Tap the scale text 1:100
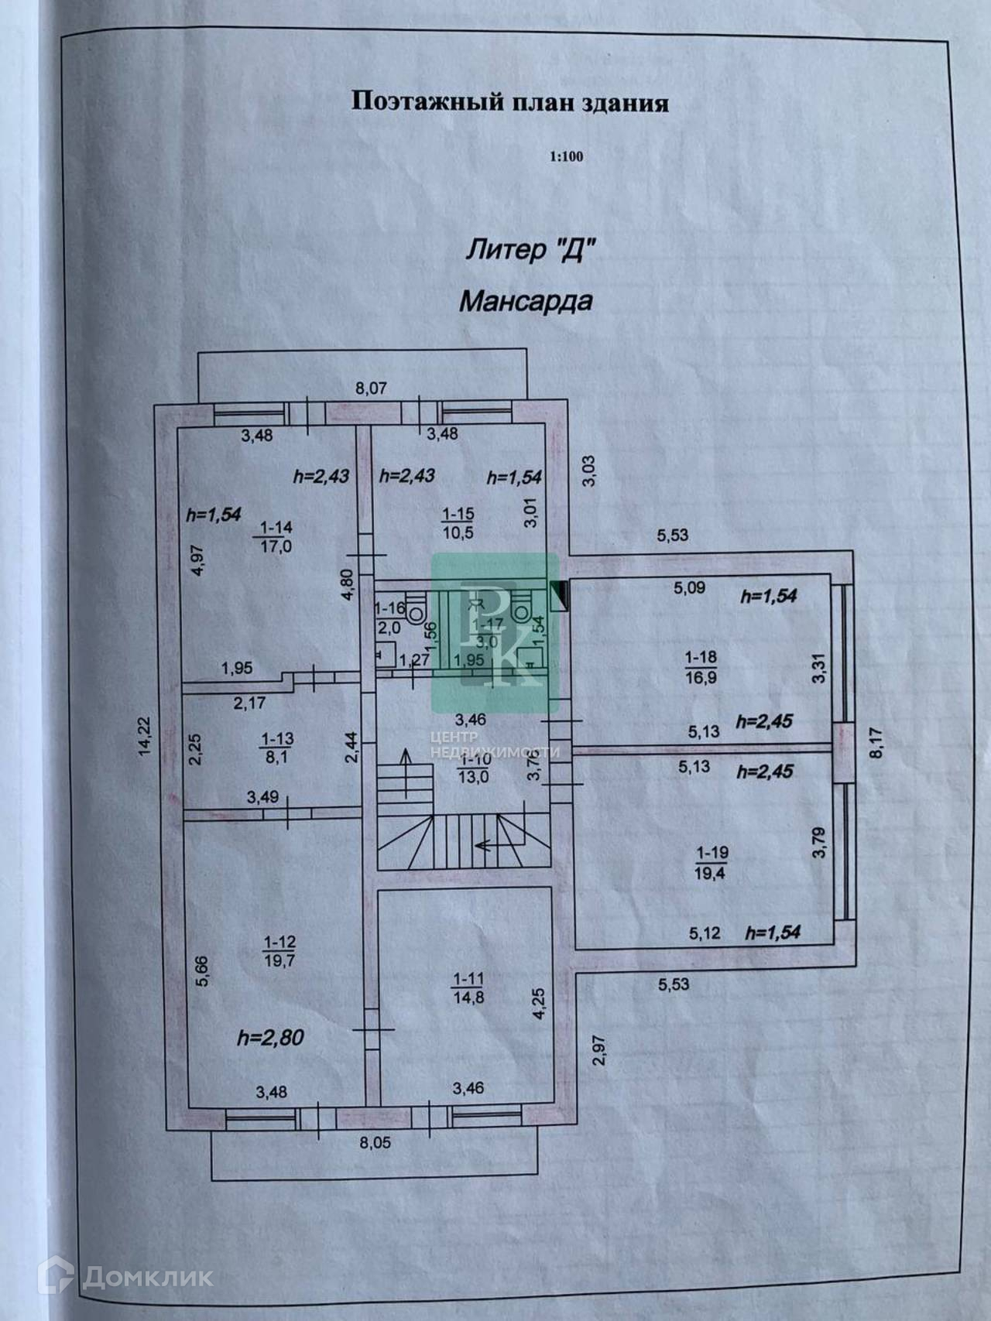(x=566, y=157)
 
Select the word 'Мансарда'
(x=526, y=300)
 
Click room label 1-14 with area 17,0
(x=276, y=537)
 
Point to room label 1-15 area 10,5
(x=458, y=523)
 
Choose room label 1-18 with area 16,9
(x=701, y=666)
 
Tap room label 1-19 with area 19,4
(x=712, y=863)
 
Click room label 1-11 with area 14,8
(x=468, y=988)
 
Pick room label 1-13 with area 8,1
(x=276, y=748)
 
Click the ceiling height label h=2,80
(x=270, y=1038)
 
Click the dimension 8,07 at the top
(x=371, y=388)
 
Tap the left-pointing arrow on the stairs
(x=486, y=844)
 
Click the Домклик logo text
(x=147, y=1276)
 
